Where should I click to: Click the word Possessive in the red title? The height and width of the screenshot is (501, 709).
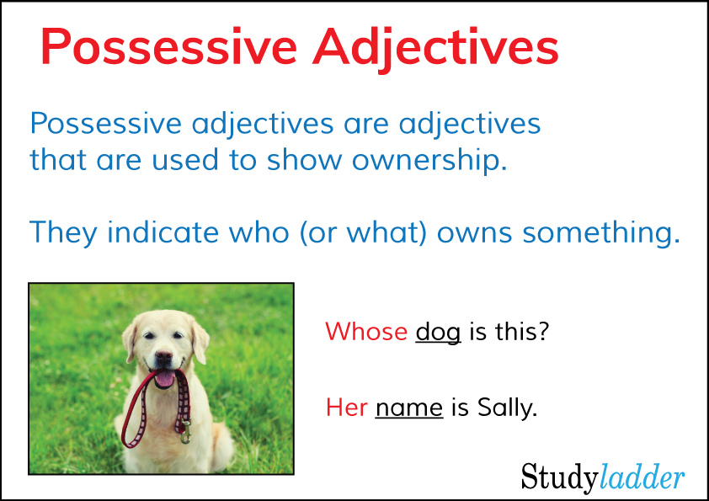tap(168, 46)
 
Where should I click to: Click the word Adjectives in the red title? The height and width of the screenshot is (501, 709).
tap(436, 50)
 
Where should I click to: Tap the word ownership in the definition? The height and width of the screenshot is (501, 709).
tap(429, 161)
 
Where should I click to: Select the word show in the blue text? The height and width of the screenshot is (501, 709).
tap(304, 160)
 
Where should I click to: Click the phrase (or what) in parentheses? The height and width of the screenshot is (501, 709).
tap(363, 233)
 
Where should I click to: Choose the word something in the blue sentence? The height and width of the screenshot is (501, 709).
tap(601, 233)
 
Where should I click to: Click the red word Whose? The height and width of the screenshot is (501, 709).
tap(366, 332)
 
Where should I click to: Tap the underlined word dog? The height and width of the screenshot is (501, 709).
tap(438, 333)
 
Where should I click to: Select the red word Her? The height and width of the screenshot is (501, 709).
tap(347, 408)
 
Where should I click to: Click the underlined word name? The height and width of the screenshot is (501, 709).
tap(408, 408)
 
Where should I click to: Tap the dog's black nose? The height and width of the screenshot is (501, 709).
tap(163, 357)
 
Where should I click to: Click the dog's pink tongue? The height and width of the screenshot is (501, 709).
tap(165, 378)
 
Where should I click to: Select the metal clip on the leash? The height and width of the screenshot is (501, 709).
tap(185, 432)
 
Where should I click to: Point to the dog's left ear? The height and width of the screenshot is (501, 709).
tap(200, 340)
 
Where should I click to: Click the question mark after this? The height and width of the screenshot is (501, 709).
tap(542, 331)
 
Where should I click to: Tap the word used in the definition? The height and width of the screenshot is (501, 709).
tap(185, 160)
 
